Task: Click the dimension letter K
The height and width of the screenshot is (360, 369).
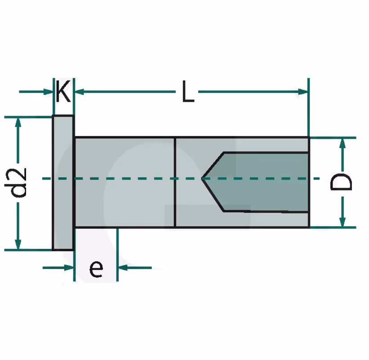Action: click(x=63, y=91)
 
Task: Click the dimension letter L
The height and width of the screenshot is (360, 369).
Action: click(x=188, y=91)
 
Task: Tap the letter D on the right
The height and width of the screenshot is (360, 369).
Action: click(x=341, y=182)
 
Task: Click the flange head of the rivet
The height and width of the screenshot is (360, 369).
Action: click(x=63, y=182)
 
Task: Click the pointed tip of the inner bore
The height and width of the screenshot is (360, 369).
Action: click(x=202, y=178)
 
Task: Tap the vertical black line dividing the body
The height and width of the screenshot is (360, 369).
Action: click(x=175, y=182)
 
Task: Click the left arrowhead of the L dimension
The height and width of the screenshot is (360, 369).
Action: click(x=79, y=92)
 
